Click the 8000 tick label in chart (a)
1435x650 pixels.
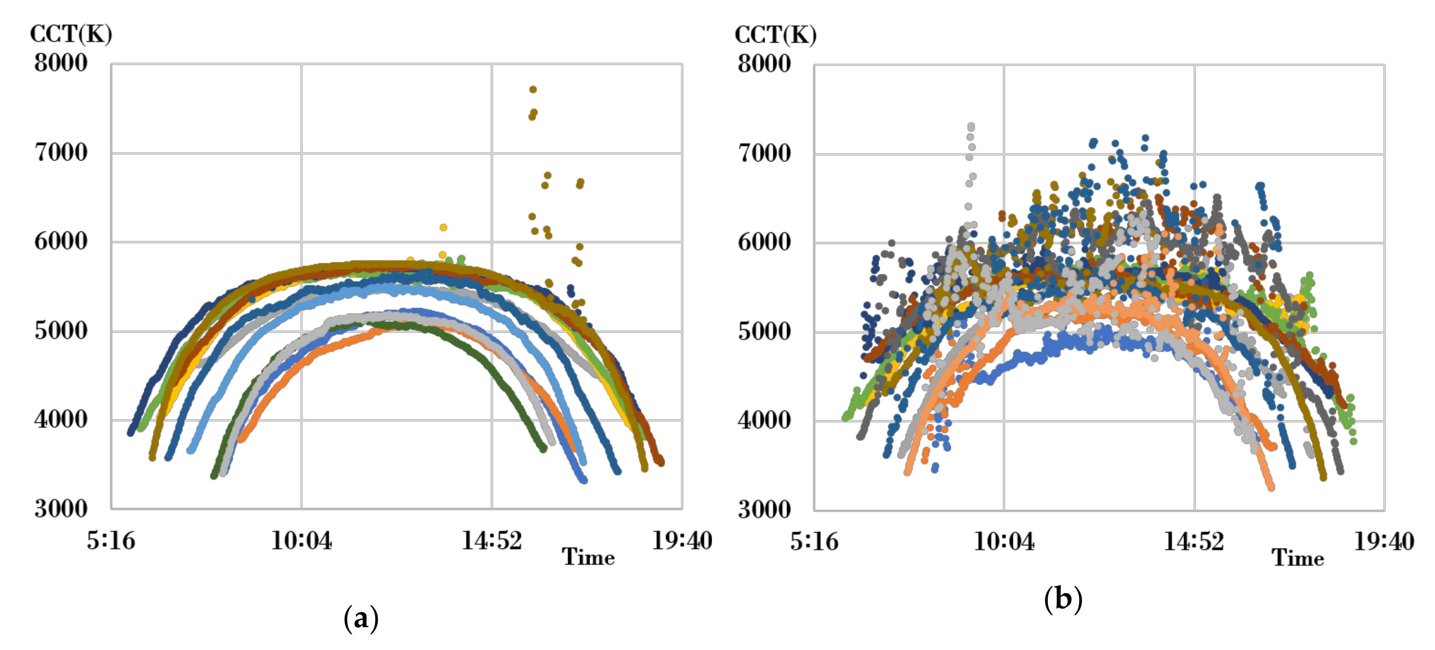click(61, 63)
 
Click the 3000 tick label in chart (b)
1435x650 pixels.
click(764, 510)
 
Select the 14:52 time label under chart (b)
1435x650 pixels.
click(1193, 541)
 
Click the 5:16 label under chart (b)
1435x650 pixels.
click(813, 541)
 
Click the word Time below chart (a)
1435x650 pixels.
click(588, 557)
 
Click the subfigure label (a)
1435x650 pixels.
click(361, 618)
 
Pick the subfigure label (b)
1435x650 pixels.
click(1063, 599)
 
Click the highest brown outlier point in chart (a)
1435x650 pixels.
click(532, 89)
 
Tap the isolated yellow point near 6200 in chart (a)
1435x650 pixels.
click(443, 227)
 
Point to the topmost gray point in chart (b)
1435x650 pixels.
click(971, 127)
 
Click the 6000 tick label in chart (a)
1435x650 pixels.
click(61, 241)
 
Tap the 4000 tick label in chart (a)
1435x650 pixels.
click(61, 419)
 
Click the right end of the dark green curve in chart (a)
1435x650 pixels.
click(543, 449)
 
